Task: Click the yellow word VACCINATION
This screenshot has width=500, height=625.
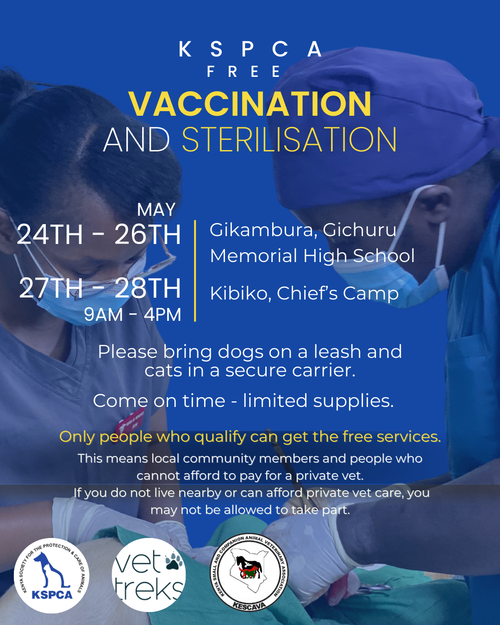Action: (x=250, y=104)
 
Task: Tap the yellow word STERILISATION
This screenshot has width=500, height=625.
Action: (x=289, y=140)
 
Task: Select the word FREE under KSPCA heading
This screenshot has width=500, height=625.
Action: (x=244, y=71)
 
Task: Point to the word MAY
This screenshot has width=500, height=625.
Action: (x=156, y=209)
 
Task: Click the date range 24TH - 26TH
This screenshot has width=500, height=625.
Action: (x=99, y=234)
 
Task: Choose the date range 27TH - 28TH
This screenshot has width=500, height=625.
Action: (x=100, y=288)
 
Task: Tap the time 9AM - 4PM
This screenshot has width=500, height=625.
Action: (x=132, y=314)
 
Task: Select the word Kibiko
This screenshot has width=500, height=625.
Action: (x=240, y=294)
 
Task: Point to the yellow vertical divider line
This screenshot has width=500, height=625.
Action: (x=195, y=271)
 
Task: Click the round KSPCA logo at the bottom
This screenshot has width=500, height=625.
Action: (x=51, y=575)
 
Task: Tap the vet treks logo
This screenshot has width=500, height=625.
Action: (x=149, y=575)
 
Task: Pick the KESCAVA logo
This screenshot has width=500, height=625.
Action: (x=249, y=572)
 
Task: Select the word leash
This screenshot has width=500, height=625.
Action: (x=337, y=352)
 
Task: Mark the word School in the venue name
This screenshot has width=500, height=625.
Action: (x=383, y=256)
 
